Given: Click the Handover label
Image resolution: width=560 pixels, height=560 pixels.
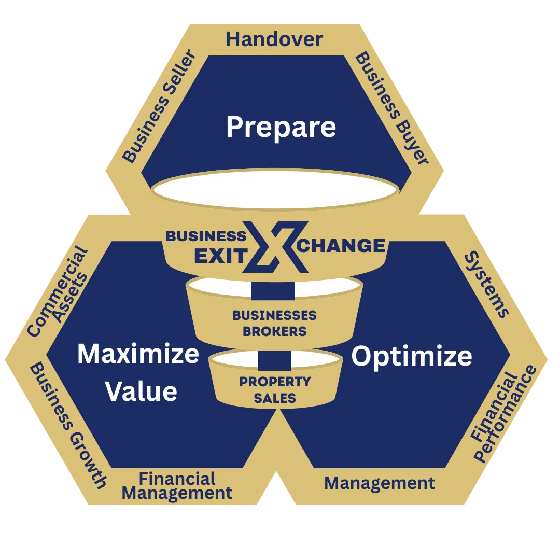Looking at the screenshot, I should tap(274, 40).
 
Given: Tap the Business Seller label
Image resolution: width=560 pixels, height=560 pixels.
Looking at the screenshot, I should tap(158, 107).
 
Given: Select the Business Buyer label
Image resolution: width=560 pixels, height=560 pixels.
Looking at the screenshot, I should tap(392, 109).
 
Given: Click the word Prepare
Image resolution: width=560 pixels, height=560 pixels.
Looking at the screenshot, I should tap(281, 127).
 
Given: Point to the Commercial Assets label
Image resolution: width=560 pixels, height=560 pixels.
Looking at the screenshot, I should tap(58, 291).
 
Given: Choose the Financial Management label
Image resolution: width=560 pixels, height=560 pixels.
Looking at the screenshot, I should tap(177, 486).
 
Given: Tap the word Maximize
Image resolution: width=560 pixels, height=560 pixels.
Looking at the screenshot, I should tap(138, 354).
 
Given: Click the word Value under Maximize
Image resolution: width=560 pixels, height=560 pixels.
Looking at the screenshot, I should tap(142, 391).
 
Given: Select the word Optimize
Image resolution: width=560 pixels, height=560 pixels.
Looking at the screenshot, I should tap(412, 357).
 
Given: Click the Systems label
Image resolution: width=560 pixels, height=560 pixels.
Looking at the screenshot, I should tap(486, 285).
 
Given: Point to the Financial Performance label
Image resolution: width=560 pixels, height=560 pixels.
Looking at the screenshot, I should tap(503, 415).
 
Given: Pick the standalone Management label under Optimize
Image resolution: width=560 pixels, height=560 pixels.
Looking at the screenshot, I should tap(380, 483).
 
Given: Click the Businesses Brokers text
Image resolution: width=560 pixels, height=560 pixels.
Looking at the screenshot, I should tap(274, 323).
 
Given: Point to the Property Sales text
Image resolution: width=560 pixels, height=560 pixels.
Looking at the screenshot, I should tap(275, 390).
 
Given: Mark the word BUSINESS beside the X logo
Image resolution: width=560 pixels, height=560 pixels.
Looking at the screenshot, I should tap(206, 236).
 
